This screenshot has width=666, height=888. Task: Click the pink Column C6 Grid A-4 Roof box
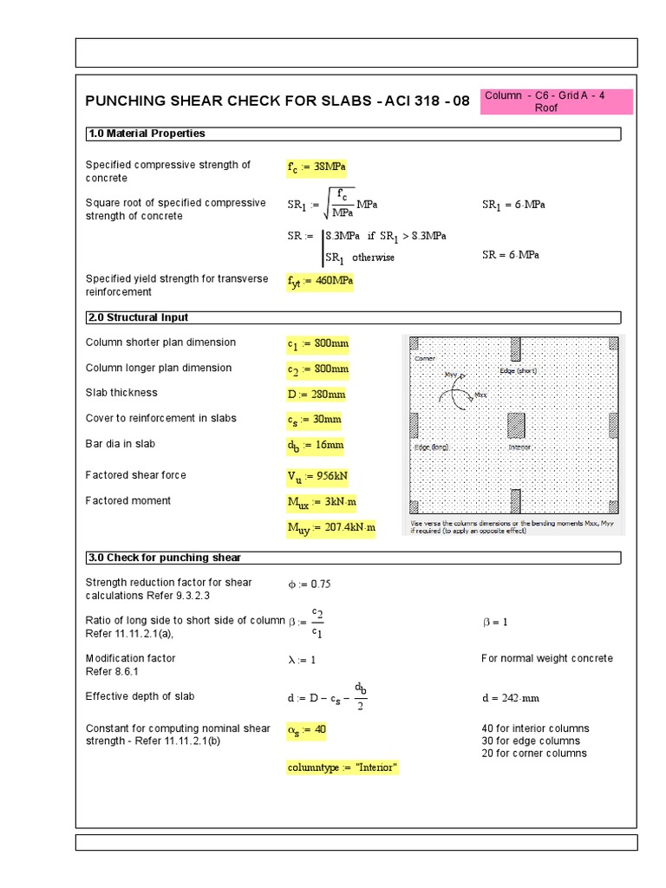558,101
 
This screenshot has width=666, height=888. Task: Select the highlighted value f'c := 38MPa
317,167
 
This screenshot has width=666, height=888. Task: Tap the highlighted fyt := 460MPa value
320,283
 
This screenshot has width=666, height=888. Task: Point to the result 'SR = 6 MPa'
511,255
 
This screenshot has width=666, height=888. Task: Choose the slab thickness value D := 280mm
317,395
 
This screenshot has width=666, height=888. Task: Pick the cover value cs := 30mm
314,420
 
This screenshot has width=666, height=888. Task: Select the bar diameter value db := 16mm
316,445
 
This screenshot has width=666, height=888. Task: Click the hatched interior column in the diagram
516,425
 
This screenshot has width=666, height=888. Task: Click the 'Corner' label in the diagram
425,357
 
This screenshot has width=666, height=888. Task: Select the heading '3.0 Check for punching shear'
163,558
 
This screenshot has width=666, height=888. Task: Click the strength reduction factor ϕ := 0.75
310,584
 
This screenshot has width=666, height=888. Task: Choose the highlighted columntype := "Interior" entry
343,768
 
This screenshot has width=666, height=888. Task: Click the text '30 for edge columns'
533,741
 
